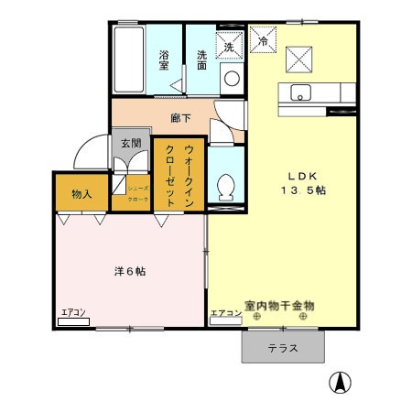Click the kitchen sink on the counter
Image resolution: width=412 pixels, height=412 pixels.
301,92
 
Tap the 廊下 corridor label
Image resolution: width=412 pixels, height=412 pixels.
180,117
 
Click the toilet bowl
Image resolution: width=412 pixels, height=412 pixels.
225,187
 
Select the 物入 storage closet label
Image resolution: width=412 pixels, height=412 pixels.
82,193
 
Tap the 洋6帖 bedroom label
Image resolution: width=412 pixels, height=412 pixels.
129,272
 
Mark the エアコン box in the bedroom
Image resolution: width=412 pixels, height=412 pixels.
72,313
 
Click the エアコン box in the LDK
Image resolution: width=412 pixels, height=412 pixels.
225,313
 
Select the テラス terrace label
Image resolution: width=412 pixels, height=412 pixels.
283,349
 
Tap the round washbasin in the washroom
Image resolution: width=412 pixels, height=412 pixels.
232,78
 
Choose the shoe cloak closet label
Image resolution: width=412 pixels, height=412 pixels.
138,192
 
